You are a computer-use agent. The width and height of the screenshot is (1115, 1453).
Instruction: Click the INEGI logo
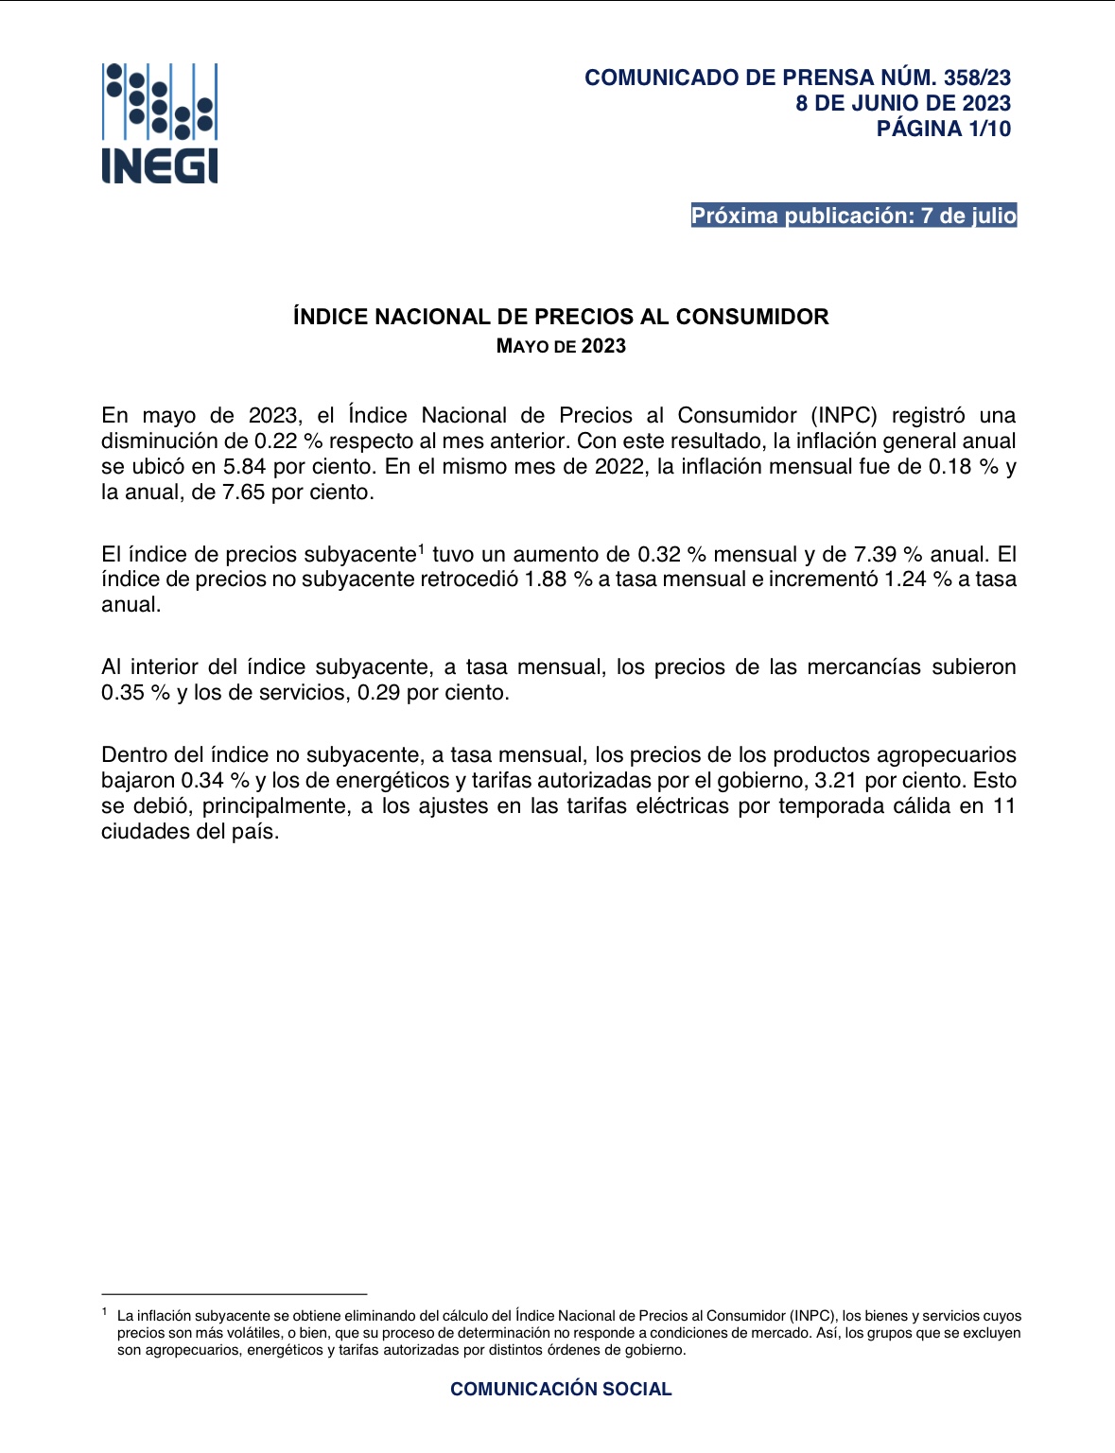click(x=160, y=123)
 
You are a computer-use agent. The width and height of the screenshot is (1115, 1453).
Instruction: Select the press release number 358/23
click(x=977, y=78)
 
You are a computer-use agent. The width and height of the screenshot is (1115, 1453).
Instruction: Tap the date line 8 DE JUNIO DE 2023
click(x=903, y=103)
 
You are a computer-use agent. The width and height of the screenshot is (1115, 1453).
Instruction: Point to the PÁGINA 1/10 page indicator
click(x=943, y=129)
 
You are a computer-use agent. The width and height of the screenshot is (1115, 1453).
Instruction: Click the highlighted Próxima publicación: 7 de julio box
click(x=853, y=216)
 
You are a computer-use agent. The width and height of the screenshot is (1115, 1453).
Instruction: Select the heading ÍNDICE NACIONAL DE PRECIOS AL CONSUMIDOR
click(x=561, y=317)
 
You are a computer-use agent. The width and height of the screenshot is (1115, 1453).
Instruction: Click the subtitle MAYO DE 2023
click(x=561, y=346)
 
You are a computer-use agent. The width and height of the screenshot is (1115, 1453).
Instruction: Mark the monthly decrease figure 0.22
click(x=276, y=441)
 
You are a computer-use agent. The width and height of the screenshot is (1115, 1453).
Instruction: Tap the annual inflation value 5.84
click(x=245, y=467)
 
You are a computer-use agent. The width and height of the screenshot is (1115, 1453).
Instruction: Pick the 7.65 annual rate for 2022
click(x=243, y=493)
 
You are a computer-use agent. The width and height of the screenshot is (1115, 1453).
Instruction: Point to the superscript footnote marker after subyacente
click(x=422, y=547)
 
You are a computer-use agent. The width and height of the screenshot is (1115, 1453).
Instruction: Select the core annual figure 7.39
click(x=875, y=555)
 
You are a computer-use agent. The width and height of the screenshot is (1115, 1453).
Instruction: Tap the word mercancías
click(x=863, y=667)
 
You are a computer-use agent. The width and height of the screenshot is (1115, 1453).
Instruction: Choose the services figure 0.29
click(x=378, y=693)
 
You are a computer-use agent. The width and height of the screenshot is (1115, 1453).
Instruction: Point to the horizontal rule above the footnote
click(x=234, y=1293)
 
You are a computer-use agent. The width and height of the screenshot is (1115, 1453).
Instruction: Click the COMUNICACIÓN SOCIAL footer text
click(x=561, y=1389)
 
